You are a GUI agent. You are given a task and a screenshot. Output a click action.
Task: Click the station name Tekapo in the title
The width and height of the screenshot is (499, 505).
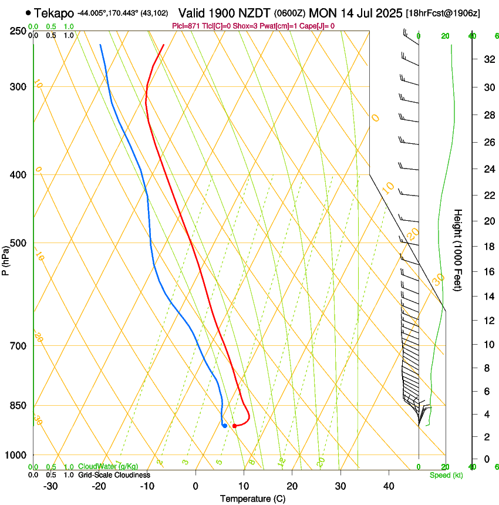click(x=54, y=13)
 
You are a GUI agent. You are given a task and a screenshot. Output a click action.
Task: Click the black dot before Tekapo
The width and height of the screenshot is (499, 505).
click(x=28, y=12)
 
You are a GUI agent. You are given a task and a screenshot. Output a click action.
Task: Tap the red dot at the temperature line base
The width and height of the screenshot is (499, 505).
click(x=234, y=426)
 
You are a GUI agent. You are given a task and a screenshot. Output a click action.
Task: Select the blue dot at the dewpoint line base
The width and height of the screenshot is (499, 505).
click(x=225, y=426)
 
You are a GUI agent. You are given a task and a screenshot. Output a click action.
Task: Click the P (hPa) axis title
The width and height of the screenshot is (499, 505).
click(x=6, y=258)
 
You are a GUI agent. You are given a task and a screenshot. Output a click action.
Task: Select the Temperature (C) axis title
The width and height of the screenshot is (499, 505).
click(x=252, y=499)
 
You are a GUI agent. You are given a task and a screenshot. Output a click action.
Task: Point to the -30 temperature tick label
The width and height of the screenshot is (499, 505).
click(x=50, y=486)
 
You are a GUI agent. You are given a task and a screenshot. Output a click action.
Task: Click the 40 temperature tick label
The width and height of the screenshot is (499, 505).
click(x=388, y=486)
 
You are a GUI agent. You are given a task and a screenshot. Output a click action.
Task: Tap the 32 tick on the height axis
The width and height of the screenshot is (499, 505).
click(x=488, y=59)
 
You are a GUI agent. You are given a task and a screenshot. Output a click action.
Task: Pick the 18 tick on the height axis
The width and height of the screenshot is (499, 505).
click(x=488, y=247)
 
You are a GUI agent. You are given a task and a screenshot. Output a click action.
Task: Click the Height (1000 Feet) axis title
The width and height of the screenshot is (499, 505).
click(x=458, y=250)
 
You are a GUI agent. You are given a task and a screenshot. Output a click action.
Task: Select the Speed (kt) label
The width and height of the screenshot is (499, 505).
click(x=446, y=475)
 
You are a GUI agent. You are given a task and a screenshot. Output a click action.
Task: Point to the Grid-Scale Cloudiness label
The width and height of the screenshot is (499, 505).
click(x=114, y=475)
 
